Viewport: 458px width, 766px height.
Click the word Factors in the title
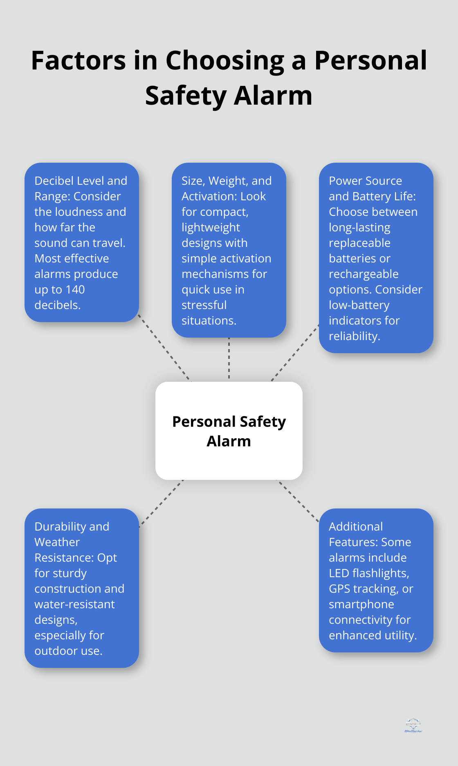tap(79, 60)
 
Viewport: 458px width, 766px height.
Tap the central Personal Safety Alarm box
tap(229, 431)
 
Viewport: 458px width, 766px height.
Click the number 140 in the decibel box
tap(75, 289)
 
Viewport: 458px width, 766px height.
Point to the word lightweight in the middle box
tap(211, 227)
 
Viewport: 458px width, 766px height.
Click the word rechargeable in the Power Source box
tap(364, 274)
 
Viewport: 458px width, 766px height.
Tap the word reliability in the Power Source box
tap(354, 336)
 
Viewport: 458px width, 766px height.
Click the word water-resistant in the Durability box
tap(74, 604)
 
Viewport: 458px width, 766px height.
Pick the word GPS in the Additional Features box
tap(339, 589)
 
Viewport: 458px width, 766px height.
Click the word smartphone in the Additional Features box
tap(361, 604)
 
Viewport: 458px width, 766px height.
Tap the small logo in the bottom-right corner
tap(413, 725)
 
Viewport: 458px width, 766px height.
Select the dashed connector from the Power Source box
tap(295, 353)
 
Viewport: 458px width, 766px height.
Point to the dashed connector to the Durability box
tap(161, 503)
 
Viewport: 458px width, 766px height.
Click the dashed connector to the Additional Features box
tap(298, 501)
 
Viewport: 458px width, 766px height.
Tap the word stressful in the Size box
tap(204, 305)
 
